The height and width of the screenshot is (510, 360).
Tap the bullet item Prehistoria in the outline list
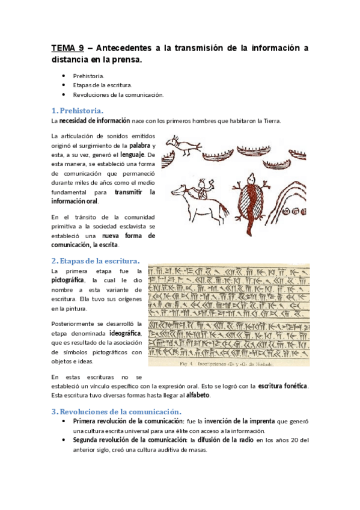click(88, 76)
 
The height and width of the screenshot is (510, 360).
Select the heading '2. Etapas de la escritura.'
click(96, 260)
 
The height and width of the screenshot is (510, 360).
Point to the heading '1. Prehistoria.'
click(78, 110)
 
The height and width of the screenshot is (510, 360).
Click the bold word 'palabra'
click(139, 146)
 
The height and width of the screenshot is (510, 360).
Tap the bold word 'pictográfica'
click(70, 280)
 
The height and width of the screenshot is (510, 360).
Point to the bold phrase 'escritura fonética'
click(282, 386)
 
